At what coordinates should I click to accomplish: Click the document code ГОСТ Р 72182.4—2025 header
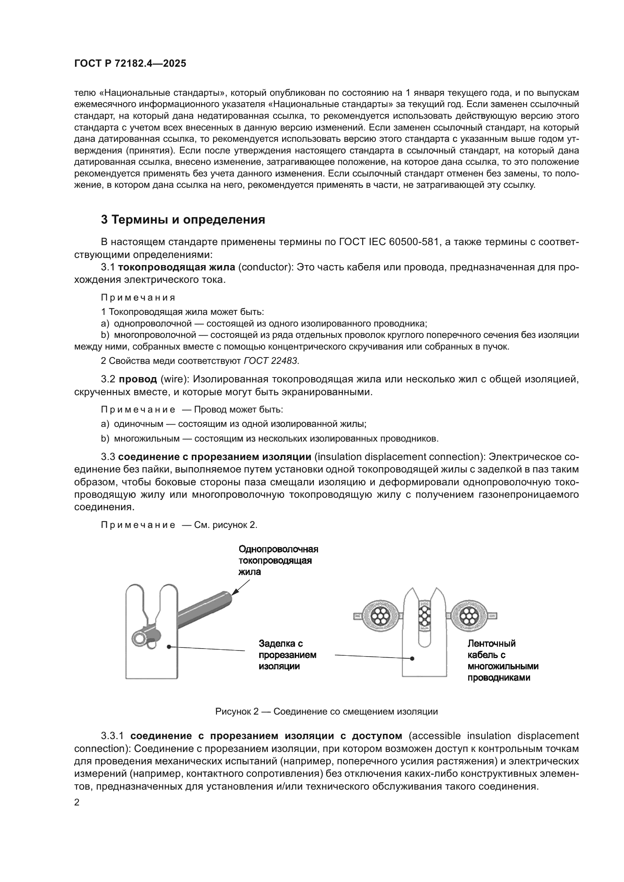(130, 64)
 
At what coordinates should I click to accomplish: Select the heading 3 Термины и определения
(183, 220)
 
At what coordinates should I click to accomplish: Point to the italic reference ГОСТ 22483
(271, 361)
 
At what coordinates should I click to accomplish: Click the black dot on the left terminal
(169, 647)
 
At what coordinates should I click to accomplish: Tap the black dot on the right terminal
(412, 658)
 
